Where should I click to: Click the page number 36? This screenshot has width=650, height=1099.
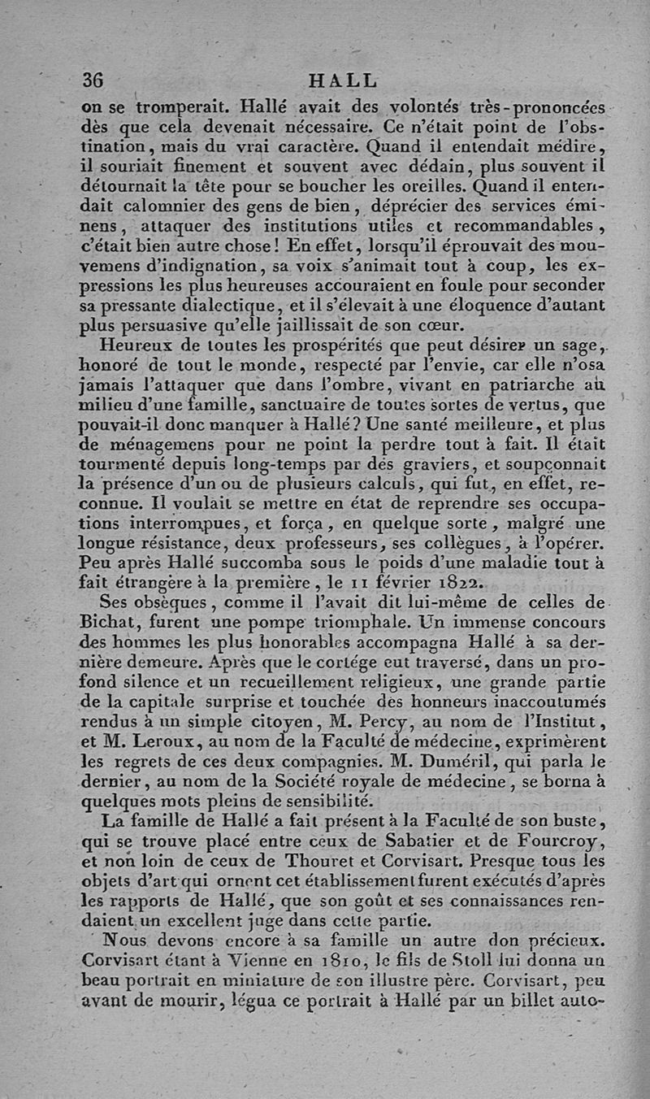click(x=93, y=81)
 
